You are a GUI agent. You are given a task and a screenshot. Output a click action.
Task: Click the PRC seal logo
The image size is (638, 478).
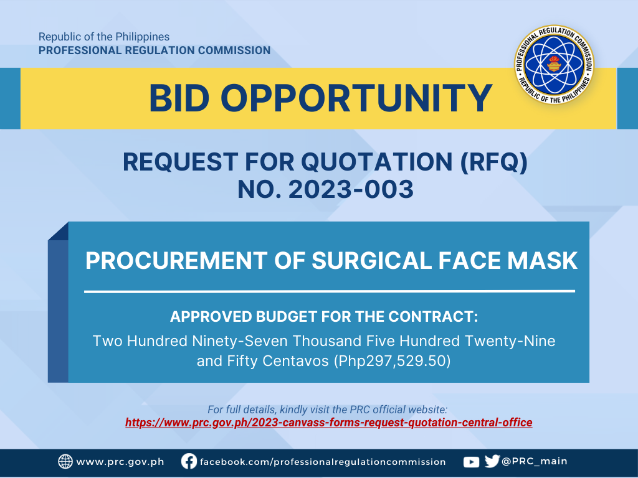coord(554,64)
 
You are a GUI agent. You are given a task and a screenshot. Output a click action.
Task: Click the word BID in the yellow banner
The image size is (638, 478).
coord(179,98)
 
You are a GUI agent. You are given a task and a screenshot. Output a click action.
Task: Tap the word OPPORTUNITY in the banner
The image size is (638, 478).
coord(356,98)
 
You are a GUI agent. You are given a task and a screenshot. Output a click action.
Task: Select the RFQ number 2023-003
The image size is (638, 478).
coord(351,189)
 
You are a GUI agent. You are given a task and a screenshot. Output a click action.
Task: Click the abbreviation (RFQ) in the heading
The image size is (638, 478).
coord(493,162)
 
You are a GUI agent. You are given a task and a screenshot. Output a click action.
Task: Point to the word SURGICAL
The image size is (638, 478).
coord(371,260)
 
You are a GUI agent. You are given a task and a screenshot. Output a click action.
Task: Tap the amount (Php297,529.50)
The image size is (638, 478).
coord(393,361)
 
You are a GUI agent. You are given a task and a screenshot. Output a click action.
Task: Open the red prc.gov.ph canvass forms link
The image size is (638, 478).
coord(329,423)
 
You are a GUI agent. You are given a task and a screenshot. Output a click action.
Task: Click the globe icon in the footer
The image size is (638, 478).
coord(65,462)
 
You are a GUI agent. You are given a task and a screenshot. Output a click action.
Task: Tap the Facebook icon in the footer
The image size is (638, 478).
coord(189,462)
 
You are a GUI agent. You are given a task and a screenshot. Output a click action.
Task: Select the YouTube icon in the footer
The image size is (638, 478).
coord(471,462)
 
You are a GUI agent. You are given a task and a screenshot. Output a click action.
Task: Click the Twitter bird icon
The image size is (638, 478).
coord(492,461)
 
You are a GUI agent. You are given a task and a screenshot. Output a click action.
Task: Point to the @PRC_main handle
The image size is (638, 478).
coord(534,461)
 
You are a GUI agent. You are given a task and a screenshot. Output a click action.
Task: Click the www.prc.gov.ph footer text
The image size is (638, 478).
coord(120,462)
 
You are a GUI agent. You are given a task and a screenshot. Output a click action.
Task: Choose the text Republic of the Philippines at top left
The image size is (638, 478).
coord(104,37)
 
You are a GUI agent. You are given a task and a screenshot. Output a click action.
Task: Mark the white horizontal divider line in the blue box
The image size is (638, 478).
coord(330,291)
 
